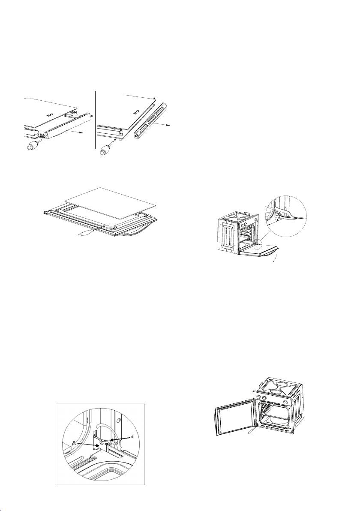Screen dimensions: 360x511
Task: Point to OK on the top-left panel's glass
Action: tap(50, 115)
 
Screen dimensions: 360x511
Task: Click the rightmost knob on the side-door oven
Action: tap(285, 401)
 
